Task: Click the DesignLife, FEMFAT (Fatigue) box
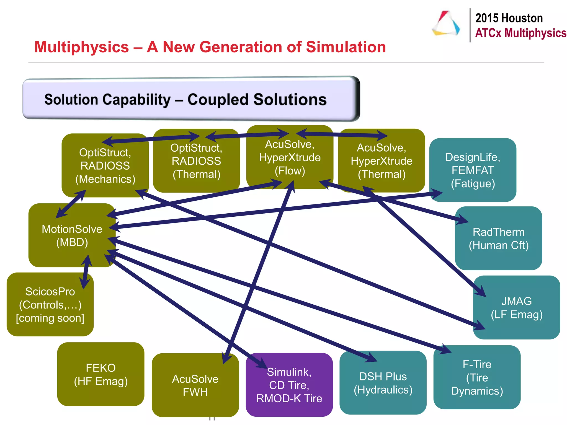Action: [x=473, y=170]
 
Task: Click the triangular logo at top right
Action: [x=446, y=24]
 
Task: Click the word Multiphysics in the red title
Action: [x=82, y=47]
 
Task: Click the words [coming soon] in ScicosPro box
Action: [x=50, y=318]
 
